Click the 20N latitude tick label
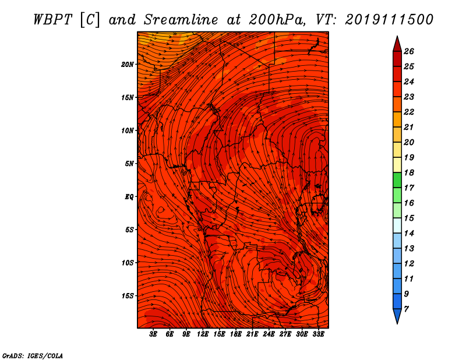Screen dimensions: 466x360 [127, 65]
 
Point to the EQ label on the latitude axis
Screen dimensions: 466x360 [129, 197]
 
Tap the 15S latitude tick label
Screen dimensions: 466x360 [128, 296]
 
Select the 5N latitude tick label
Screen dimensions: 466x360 [129, 164]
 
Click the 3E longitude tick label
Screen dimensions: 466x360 [153, 334]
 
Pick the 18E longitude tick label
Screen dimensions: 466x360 [236, 334]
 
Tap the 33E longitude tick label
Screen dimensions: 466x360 [318, 334]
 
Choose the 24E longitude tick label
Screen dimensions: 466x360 [269, 334]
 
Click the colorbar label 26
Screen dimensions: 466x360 [409, 51]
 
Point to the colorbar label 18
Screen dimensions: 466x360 [409, 172]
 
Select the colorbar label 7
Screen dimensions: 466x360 [406, 309]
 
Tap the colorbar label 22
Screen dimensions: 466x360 [409, 112]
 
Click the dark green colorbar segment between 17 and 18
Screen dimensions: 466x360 [397, 180]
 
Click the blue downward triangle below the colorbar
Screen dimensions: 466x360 [397, 316]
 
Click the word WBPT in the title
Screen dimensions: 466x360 [52, 20]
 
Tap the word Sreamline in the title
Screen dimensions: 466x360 [181, 20]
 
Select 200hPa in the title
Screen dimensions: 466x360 [276, 20]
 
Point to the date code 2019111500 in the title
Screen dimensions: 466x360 [389, 20]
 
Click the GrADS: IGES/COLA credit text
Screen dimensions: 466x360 [33, 355]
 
